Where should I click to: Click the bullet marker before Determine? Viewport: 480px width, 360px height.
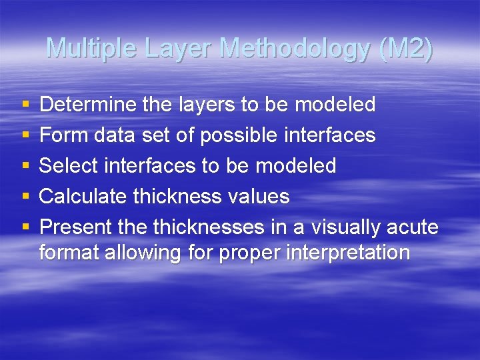(x=25, y=105)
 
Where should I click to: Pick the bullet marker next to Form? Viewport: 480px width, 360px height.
(x=25, y=135)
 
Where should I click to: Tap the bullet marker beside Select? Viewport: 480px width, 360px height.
(x=25, y=166)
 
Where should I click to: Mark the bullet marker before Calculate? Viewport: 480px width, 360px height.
(x=25, y=197)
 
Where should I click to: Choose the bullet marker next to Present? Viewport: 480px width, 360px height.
(x=25, y=227)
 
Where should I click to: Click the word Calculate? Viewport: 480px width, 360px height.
(x=83, y=197)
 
